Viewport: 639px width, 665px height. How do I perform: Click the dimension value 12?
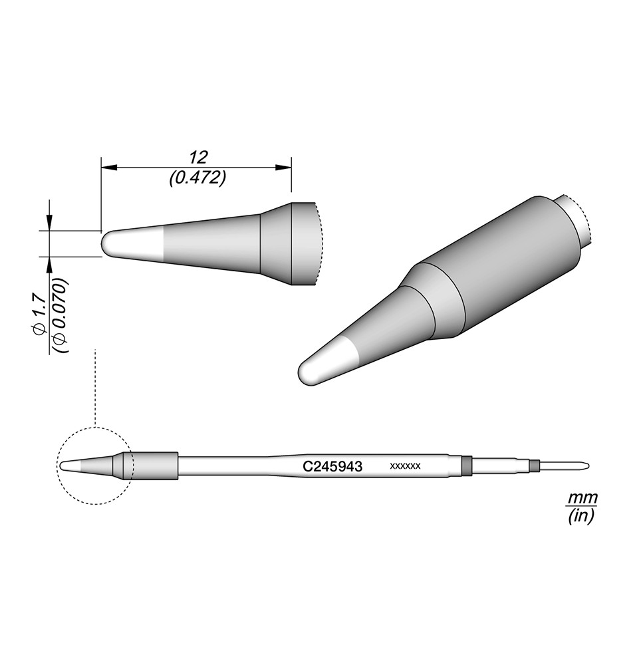198,158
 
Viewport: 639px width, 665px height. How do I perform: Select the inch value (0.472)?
197,178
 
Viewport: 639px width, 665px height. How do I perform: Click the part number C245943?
332,467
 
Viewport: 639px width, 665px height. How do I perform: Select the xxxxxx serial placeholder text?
405,466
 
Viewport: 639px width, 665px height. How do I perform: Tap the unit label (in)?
582,516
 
